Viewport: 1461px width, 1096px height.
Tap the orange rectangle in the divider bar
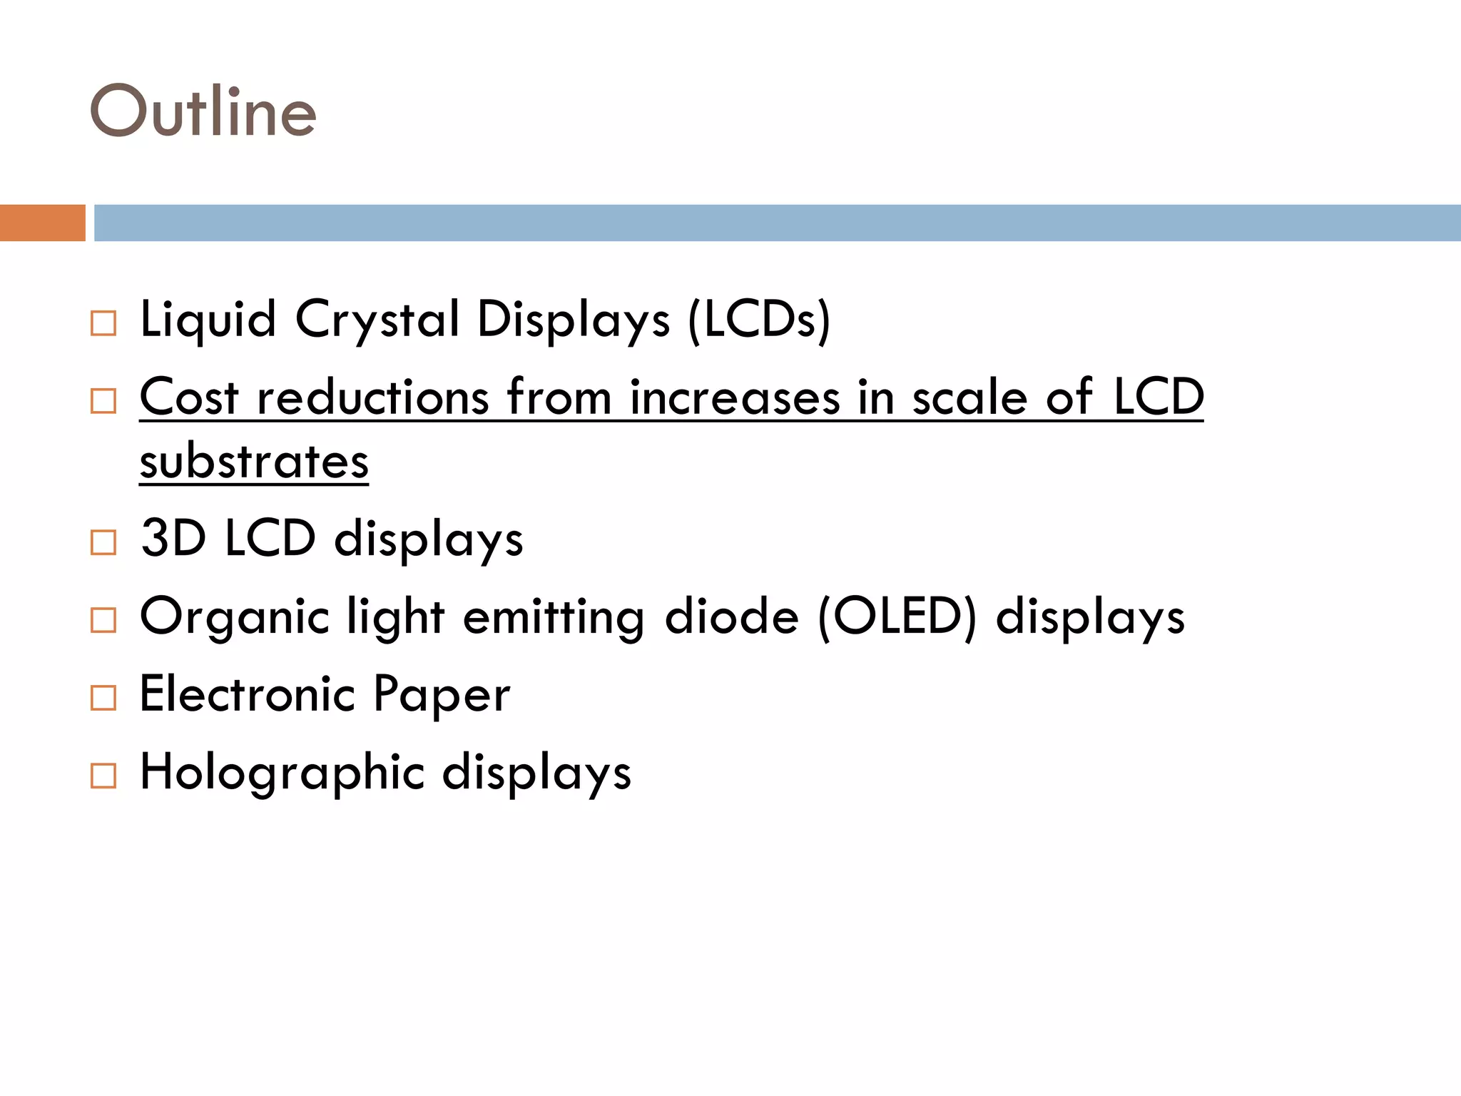(x=42, y=223)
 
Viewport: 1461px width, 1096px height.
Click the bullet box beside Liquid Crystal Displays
(x=103, y=323)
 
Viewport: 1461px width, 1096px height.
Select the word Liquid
(x=208, y=320)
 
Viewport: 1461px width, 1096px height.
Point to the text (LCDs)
(x=759, y=320)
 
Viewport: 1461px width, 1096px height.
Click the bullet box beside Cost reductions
(x=103, y=401)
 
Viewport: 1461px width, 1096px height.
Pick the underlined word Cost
(x=188, y=397)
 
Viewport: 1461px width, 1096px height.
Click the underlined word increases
(x=735, y=397)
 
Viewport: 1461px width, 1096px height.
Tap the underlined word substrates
(x=254, y=462)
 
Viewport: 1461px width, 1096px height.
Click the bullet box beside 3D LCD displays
(x=103, y=542)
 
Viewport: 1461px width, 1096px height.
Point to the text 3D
(x=173, y=538)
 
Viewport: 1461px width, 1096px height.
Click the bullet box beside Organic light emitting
(x=103, y=620)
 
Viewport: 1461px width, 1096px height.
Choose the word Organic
(x=235, y=617)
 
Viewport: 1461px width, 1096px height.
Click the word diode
(x=731, y=616)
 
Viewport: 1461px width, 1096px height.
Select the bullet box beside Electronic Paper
(x=103, y=698)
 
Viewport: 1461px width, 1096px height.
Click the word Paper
(x=442, y=695)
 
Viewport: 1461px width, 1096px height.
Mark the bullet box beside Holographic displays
(x=103, y=776)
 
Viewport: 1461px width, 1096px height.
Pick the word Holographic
(x=282, y=773)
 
